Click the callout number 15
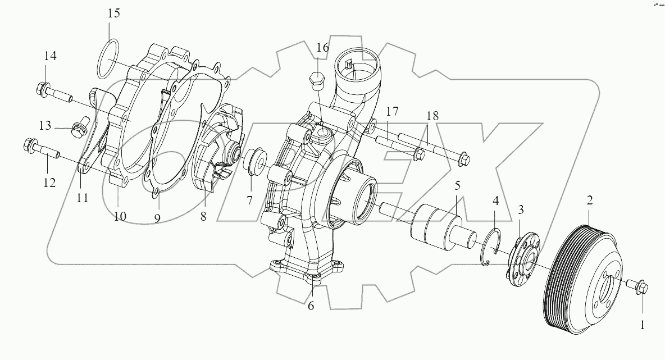point(114,13)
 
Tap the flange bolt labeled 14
point(54,91)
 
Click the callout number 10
point(120,216)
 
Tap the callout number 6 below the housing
point(311,306)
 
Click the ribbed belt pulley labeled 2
point(584,275)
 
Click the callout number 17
point(392,111)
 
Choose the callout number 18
point(432,116)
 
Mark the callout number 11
point(83,198)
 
